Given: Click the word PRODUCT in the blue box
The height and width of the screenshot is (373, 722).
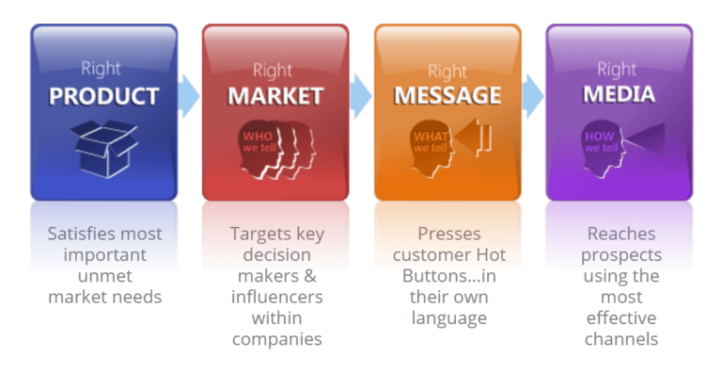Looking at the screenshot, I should (103, 96).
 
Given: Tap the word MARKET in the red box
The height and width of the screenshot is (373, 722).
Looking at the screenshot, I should (275, 96).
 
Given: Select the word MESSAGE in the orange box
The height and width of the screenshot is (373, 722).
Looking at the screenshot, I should (447, 96).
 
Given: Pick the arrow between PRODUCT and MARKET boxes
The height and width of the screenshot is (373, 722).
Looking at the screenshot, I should (189, 94).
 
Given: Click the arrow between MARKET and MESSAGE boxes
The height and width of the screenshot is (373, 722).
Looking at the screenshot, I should (361, 94).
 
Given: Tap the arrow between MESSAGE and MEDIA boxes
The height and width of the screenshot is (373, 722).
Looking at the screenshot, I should (533, 94).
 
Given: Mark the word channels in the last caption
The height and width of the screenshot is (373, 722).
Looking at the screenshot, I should (621, 338).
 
